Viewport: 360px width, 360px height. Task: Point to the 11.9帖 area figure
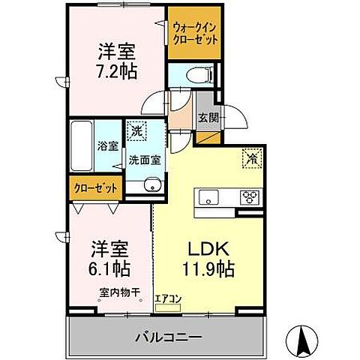pos(203,268)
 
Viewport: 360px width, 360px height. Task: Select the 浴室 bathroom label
pos(107,146)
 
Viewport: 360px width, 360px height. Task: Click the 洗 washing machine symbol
pos(136,130)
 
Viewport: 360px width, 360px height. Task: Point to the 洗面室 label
pos(143,159)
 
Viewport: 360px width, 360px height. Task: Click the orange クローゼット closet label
pos(94,188)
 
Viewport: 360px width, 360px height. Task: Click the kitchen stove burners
pos(249,197)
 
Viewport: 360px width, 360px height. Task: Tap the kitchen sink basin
pos(208,197)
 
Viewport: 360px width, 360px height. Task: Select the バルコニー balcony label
pos(168,337)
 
